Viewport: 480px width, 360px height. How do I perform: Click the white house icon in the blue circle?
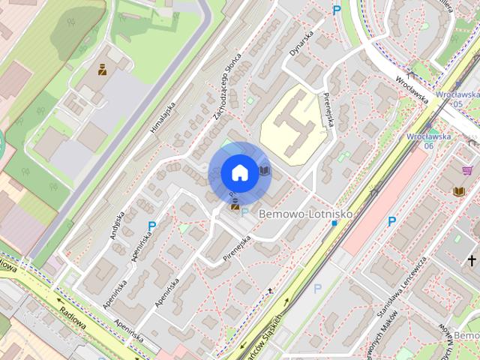point(239,172)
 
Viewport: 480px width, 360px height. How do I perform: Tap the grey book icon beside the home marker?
point(264,171)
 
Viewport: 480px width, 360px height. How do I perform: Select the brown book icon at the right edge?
point(459,192)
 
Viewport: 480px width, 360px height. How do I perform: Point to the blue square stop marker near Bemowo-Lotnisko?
point(334,223)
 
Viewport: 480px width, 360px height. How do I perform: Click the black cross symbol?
point(472,260)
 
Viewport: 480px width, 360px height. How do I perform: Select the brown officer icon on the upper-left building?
point(100,71)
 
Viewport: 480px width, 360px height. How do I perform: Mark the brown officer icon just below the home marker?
point(235,203)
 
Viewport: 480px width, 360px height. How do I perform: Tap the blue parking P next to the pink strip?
point(391,221)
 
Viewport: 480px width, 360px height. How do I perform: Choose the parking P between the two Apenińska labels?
point(152,226)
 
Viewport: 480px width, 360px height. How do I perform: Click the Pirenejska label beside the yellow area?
point(327,109)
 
